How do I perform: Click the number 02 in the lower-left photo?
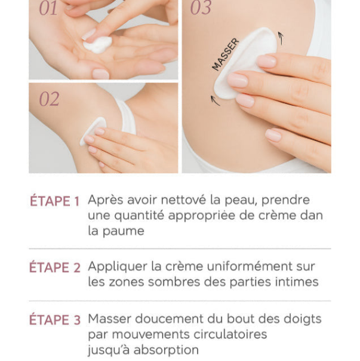click(x=49, y=99)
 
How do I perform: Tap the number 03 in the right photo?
click(x=201, y=8)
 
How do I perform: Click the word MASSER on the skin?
click(x=225, y=54)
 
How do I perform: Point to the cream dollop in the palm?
click(x=97, y=44)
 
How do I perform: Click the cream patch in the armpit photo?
click(x=93, y=130)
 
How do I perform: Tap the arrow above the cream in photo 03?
click(x=280, y=38)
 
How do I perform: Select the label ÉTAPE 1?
click(x=54, y=201)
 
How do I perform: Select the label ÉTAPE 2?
click(x=54, y=268)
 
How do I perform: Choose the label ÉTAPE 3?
click(x=54, y=320)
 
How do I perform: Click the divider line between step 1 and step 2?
click(x=180, y=248)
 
